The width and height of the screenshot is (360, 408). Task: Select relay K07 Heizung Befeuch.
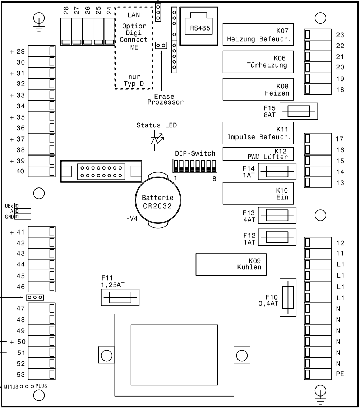pyautogui.click(x=258, y=34)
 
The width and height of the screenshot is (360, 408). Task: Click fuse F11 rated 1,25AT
pyautogui.click(x=120, y=298)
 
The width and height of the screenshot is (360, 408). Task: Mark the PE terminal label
pyautogui.click(x=340, y=374)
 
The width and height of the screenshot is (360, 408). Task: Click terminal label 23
pyautogui.click(x=340, y=35)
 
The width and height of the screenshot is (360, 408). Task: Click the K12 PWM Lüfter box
pyautogui.click(x=258, y=153)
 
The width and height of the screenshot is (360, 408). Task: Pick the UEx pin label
pyautogui.click(x=9, y=206)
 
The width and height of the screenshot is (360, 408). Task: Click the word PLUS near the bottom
pyautogui.click(x=41, y=386)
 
